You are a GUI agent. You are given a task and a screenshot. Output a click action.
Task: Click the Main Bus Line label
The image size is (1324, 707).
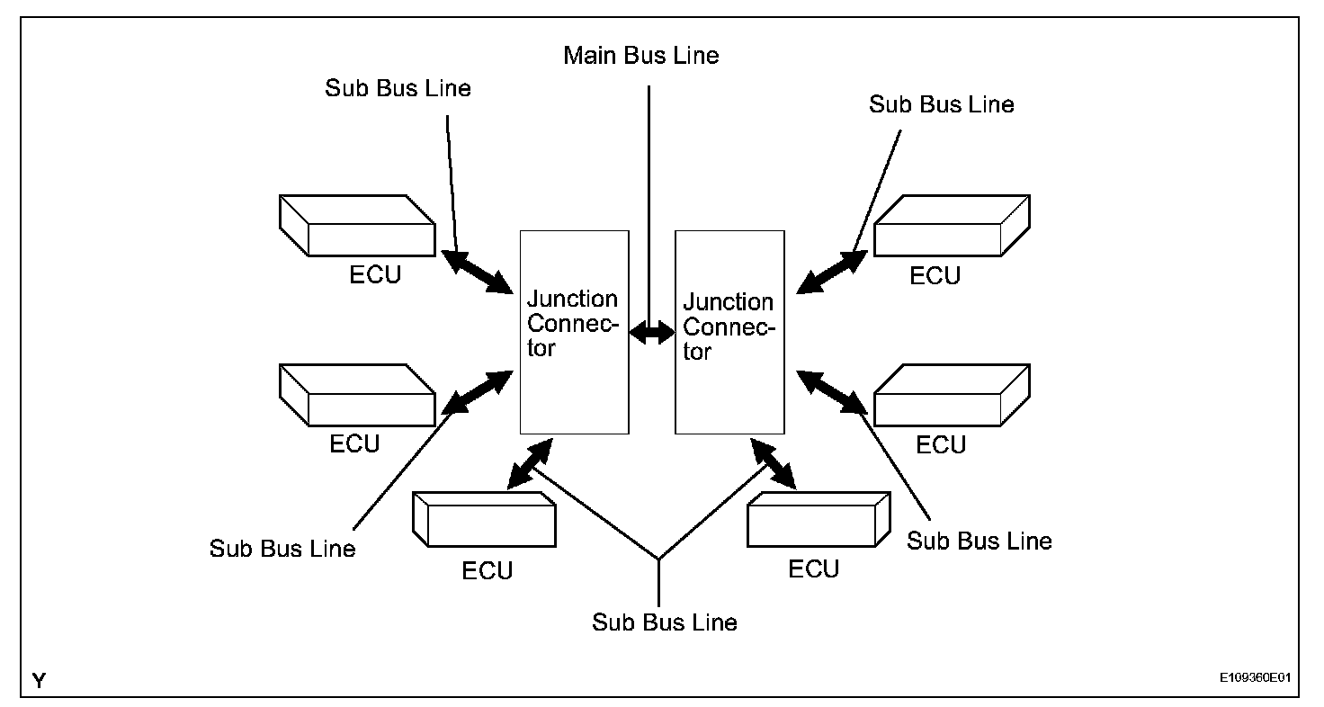[x=641, y=56]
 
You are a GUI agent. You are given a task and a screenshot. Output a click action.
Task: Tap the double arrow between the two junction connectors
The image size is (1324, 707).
[x=651, y=333]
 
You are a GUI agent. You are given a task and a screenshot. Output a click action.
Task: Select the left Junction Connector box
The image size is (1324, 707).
[x=574, y=332]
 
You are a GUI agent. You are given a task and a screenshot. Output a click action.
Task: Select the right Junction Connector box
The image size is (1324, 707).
[x=729, y=332]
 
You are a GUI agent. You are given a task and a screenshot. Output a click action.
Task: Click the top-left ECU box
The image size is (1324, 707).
[x=357, y=226]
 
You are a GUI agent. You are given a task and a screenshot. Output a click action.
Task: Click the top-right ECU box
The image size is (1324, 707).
[x=952, y=226]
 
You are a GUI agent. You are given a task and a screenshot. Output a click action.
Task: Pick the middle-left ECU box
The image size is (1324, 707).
[x=357, y=395]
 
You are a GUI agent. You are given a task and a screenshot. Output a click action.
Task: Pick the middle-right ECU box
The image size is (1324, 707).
[x=952, y=395]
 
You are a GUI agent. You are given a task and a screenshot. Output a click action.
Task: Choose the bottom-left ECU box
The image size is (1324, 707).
[x=483, y=519]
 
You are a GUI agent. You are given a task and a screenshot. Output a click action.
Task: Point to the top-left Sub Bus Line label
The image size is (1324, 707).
[x=398, y=88]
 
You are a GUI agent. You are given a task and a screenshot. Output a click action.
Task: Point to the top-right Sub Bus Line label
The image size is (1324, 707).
[x=942, y=104]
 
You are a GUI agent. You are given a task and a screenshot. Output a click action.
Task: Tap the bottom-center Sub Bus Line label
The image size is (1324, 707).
[x=665, y=622]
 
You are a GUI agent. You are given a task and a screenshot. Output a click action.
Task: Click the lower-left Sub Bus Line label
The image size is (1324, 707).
[x=282, y=548]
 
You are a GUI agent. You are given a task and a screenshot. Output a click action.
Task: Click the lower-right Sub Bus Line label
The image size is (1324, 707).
[x=980, y=541]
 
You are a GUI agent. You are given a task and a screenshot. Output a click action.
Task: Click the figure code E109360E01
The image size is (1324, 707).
[x=1255, y=677]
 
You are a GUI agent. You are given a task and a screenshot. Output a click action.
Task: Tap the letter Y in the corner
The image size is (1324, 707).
[x=40, y=681]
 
